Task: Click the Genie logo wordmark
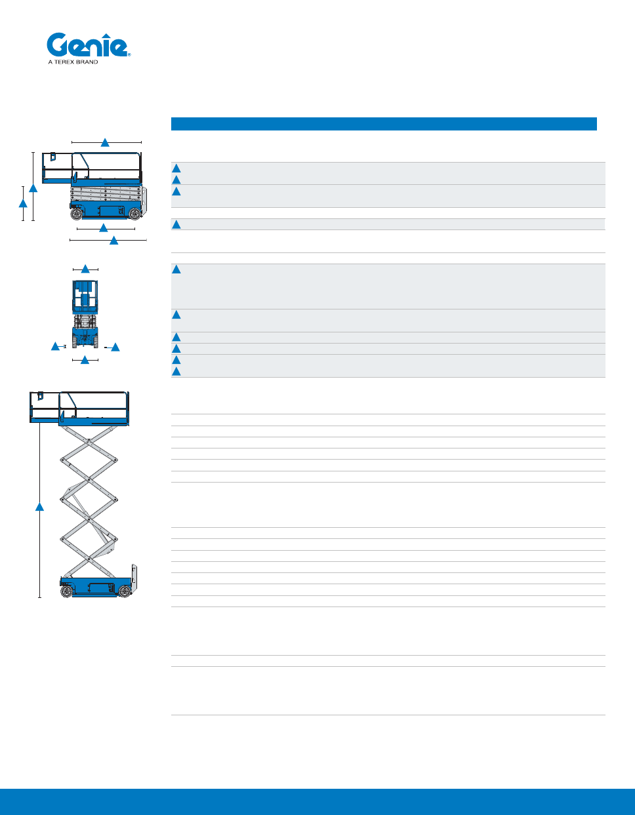click(87, 46)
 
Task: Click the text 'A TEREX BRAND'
click(73, 62)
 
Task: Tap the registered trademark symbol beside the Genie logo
click(129, 55)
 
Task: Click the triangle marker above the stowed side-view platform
click(105, 142)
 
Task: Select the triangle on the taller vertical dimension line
click(33, 188)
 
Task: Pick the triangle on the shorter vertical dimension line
click(23, 203)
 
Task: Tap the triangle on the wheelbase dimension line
click(104, 228)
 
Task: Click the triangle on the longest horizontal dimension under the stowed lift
click(113, 241)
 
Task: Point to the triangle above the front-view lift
click(85, 269)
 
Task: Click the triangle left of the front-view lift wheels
click(56, 346)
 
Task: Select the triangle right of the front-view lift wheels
click(115, 347)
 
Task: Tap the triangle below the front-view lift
click(85, 360)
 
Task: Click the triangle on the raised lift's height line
click(39, 507)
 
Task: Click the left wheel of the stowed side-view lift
click(77, 214)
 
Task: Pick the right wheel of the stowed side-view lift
click(134, 214)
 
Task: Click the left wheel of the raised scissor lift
click(66, 591)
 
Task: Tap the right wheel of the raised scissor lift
click(125, 591)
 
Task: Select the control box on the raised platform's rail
click(40, 396)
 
